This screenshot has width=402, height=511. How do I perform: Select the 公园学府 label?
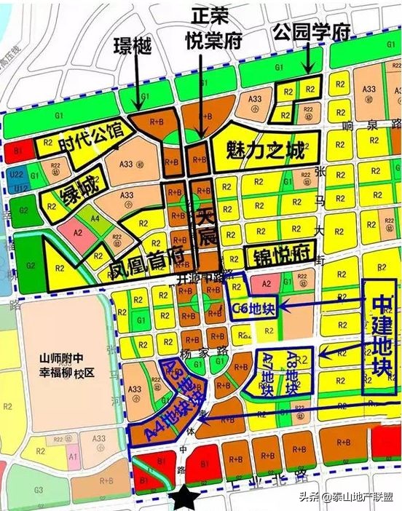(x=311, y=31)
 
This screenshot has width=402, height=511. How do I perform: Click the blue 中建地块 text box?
(x=379, y=337)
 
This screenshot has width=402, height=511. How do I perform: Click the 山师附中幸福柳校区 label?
(x=66, y=364)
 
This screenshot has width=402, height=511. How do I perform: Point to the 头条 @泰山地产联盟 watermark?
(x=350, y=498)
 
